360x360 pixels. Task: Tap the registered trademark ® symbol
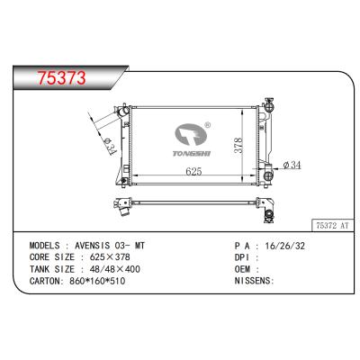click(x=208, y=127)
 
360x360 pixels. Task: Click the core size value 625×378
click(x=112, y=256)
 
